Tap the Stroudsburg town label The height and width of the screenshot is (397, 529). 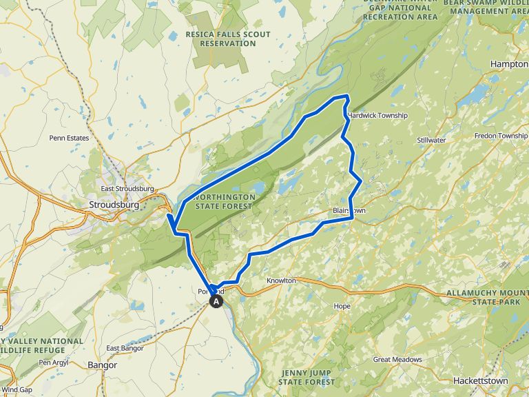pyautogui.click(x=114, y=205)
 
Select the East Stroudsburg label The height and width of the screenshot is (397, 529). pyautogui.click(x=127, y=189)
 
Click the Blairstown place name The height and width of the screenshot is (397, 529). pyautogui.click(x=349, y=211)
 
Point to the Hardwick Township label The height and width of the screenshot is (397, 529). pyautogui.click(x=378, y=115)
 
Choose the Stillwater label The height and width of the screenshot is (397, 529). pyautogui.click(x=432, y=140)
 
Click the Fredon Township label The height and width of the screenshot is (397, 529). pyautogui.click(x=501, y=136)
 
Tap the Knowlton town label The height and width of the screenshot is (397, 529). pyautogui.click(x=281, y=281)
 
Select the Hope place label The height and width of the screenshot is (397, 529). pyautogui.click(x=342, y=306)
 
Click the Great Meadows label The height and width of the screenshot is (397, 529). pyautogui.click(x=397, y=359)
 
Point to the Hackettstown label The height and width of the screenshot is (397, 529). pyautogui.click(x=481, y=380)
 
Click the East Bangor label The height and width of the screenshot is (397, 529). pyautogui.click(x=125, y=348)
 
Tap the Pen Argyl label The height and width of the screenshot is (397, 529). pyautogui.click(x=55, y=362)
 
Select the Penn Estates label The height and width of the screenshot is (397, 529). pyautogui.click(x=69, y=138)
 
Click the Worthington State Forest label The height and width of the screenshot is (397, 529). pyautogui.click(x=225, y=201)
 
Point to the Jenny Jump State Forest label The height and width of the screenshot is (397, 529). pyautogui.click(x=307, y=377)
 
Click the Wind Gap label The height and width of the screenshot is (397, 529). pyautogui.click(x=17, y=389)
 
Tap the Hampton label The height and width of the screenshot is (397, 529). pyautogui.click(x=509, y=63)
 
